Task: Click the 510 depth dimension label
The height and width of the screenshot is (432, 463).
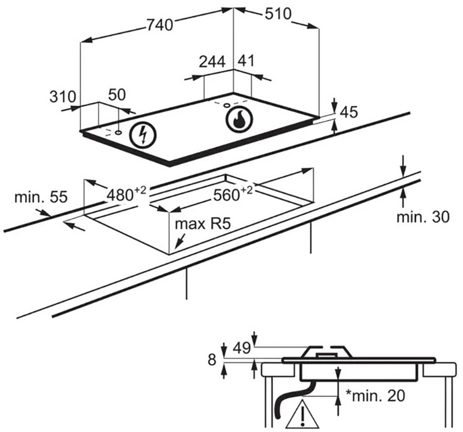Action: point(278,13)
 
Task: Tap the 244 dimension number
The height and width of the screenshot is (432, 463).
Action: point(212,61)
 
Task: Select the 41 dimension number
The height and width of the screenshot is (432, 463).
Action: point(246,61)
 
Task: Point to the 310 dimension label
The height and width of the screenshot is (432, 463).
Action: point(63,96)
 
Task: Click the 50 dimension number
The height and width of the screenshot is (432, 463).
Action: point(117,95)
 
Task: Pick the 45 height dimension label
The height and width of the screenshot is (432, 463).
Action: point(349,112)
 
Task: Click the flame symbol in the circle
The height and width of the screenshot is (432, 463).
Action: point(239,119)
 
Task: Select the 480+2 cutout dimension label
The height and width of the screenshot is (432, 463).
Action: point(126,194)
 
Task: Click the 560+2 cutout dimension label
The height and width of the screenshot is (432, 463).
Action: point(233,194)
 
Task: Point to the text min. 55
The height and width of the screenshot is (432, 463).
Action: point(41,197)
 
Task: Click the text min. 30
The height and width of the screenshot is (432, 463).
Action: point(422,217)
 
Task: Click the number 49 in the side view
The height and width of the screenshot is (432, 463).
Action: point(241,348)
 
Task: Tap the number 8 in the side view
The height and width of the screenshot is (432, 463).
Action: point(212,360)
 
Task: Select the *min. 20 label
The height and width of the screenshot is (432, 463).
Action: point(375,395)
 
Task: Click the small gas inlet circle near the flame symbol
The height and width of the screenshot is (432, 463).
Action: point(227,105)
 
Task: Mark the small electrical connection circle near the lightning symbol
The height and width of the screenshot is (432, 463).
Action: point(119,133)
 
